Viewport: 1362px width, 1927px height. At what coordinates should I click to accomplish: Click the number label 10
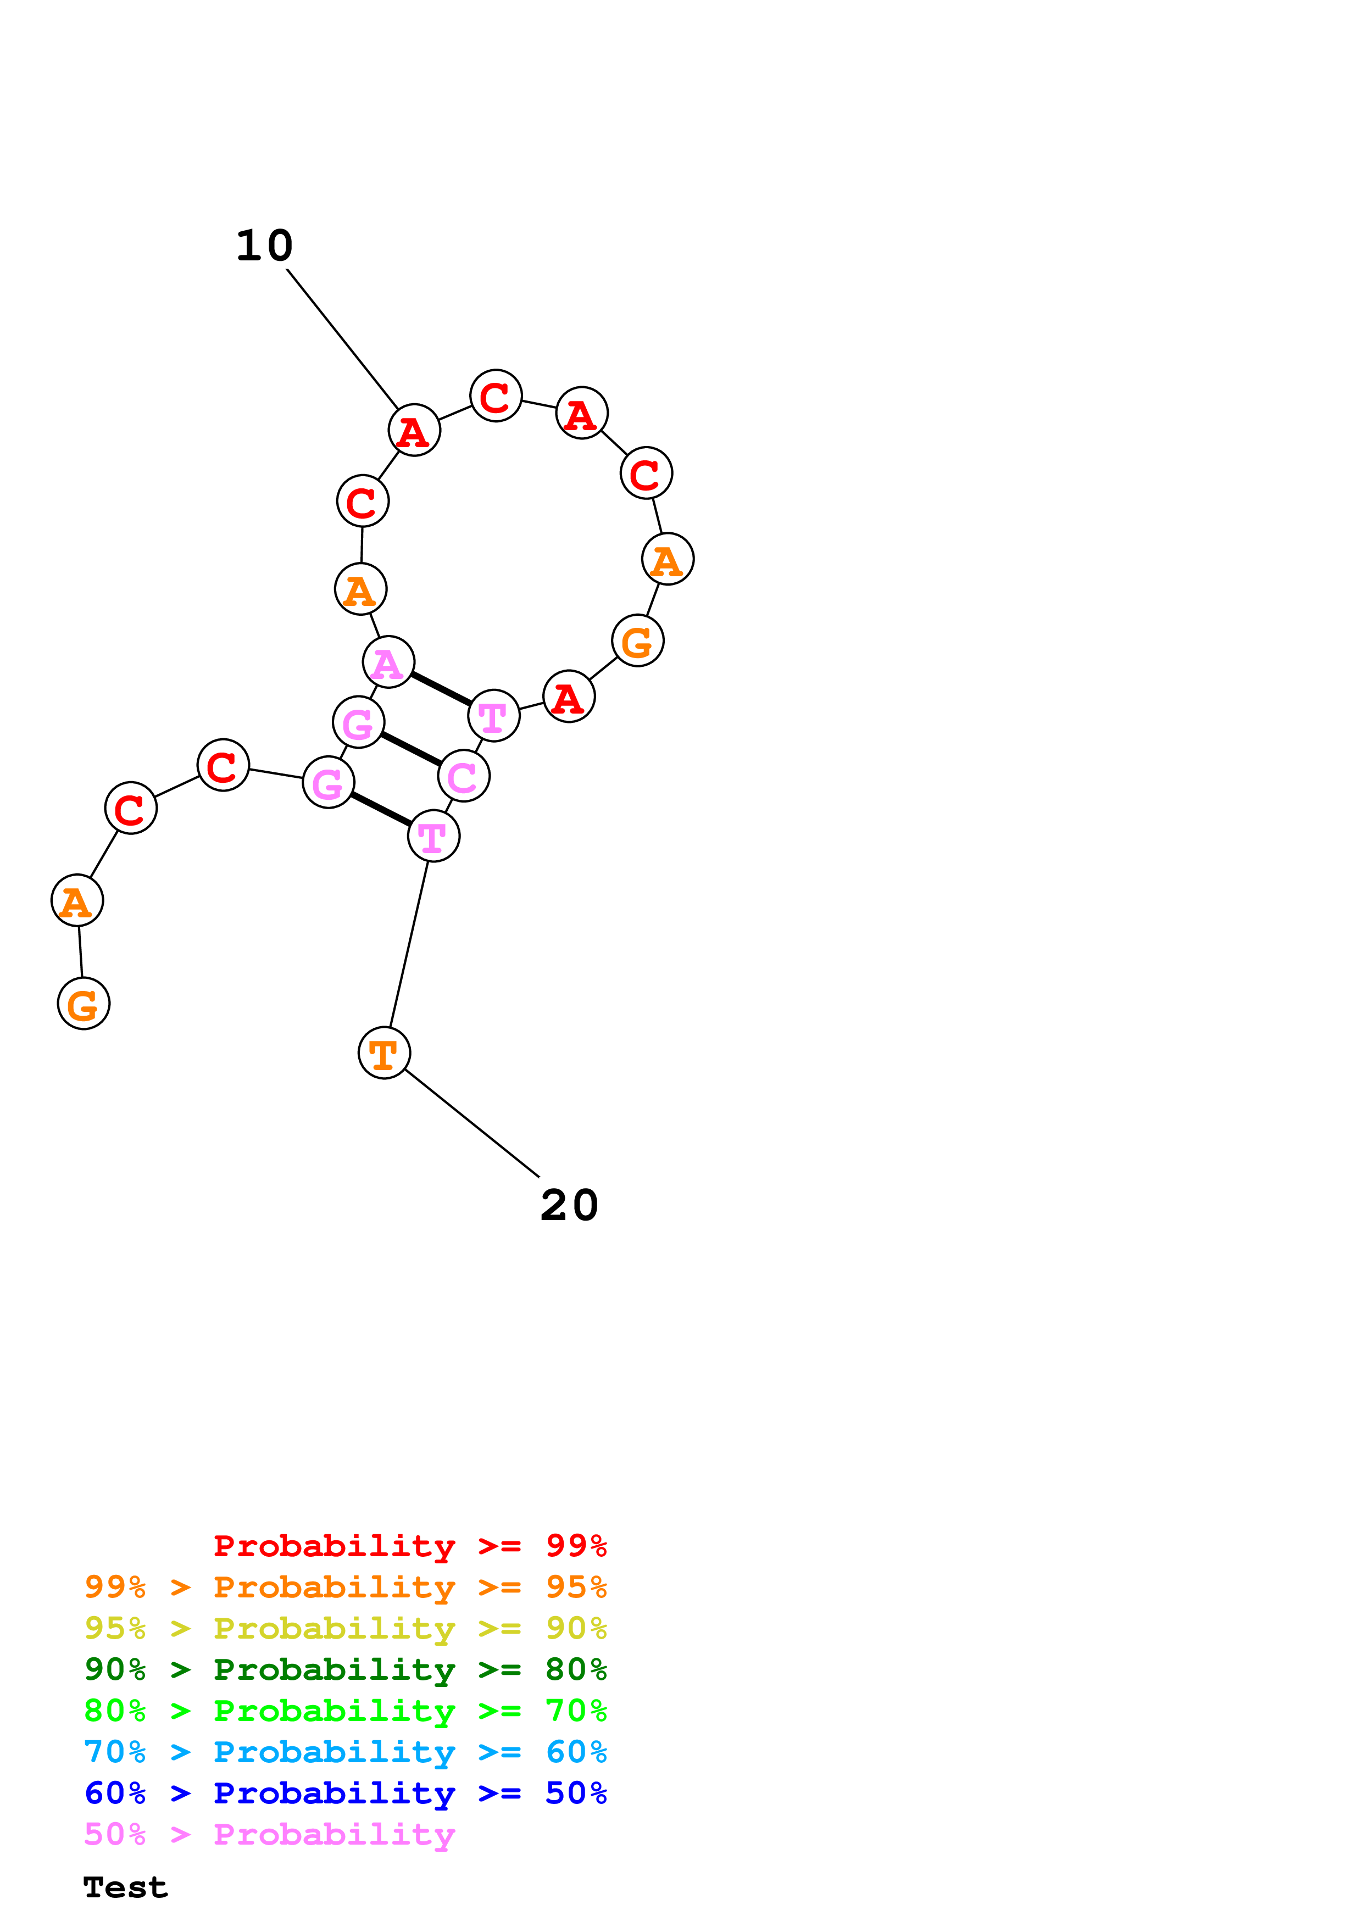tap(264, 246)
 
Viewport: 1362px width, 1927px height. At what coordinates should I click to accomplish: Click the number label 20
tap(569, 1206)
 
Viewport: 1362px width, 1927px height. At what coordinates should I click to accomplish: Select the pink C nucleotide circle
tap(463, 776)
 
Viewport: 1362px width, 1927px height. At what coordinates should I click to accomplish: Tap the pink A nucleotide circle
tap(388, 662)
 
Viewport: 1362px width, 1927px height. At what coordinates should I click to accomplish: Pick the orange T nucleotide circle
tap(383, 1052)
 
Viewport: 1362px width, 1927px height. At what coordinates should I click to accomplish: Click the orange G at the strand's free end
tap(83, 1004)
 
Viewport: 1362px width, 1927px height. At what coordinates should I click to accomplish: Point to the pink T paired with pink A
tap(493, 716)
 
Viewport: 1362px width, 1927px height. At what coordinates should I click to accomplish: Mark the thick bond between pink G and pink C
tap(411, 749)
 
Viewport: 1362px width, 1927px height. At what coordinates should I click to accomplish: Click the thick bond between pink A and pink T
tap(441, 689)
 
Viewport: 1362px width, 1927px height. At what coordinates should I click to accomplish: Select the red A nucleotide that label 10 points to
tap(414, 431)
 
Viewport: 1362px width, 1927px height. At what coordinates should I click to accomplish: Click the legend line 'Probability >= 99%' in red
tap(409, 1545)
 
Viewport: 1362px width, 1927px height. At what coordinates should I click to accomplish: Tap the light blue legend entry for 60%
tap(345, 1752)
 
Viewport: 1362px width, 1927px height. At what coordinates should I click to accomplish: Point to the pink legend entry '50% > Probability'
tap(269, 1835)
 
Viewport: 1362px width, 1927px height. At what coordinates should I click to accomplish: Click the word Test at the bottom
tap(125, 1887)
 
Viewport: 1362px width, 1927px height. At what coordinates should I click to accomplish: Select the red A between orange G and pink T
tap(569, 697)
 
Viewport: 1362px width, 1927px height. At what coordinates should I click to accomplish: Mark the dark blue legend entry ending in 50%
tap(345, 1793)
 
